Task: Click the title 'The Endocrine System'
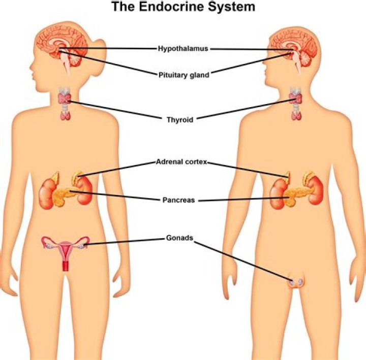click(183, 7)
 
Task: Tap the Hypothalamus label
click(183, 49)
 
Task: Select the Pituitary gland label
click(183, 75)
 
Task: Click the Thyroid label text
click(180, 120)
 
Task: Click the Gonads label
click(180, 238)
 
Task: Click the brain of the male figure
click(293, 46)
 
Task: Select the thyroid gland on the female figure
click(65, 99)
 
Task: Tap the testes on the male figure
click(295, 282)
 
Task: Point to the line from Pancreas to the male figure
click(244, 200)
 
